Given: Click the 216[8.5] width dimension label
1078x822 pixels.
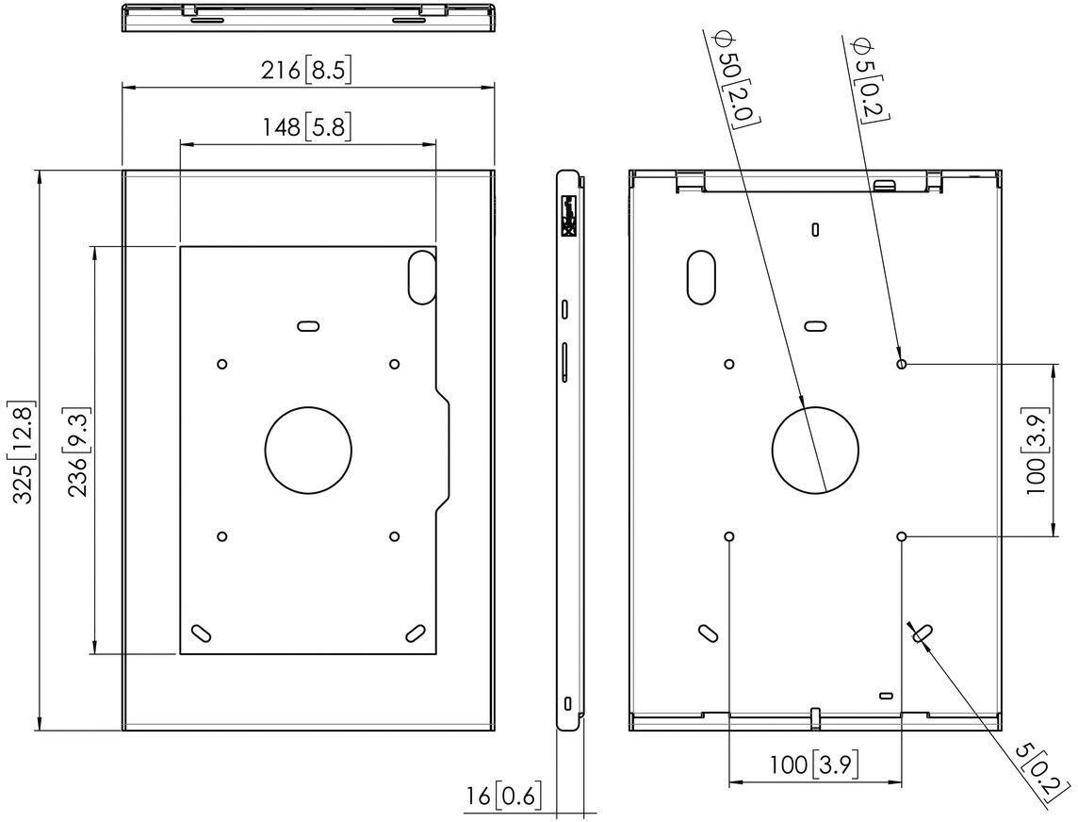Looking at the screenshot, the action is tap(306, 70).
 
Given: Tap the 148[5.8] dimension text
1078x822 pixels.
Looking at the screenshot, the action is tap(306, 126).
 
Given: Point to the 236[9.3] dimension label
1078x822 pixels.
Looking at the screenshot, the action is tap(77, 452).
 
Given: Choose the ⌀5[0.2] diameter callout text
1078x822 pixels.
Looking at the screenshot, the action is tap(870, 81).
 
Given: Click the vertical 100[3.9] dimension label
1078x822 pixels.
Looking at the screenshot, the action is tap(1036, 451).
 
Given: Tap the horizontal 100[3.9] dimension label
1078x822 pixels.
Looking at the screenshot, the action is tap(814, 764).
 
